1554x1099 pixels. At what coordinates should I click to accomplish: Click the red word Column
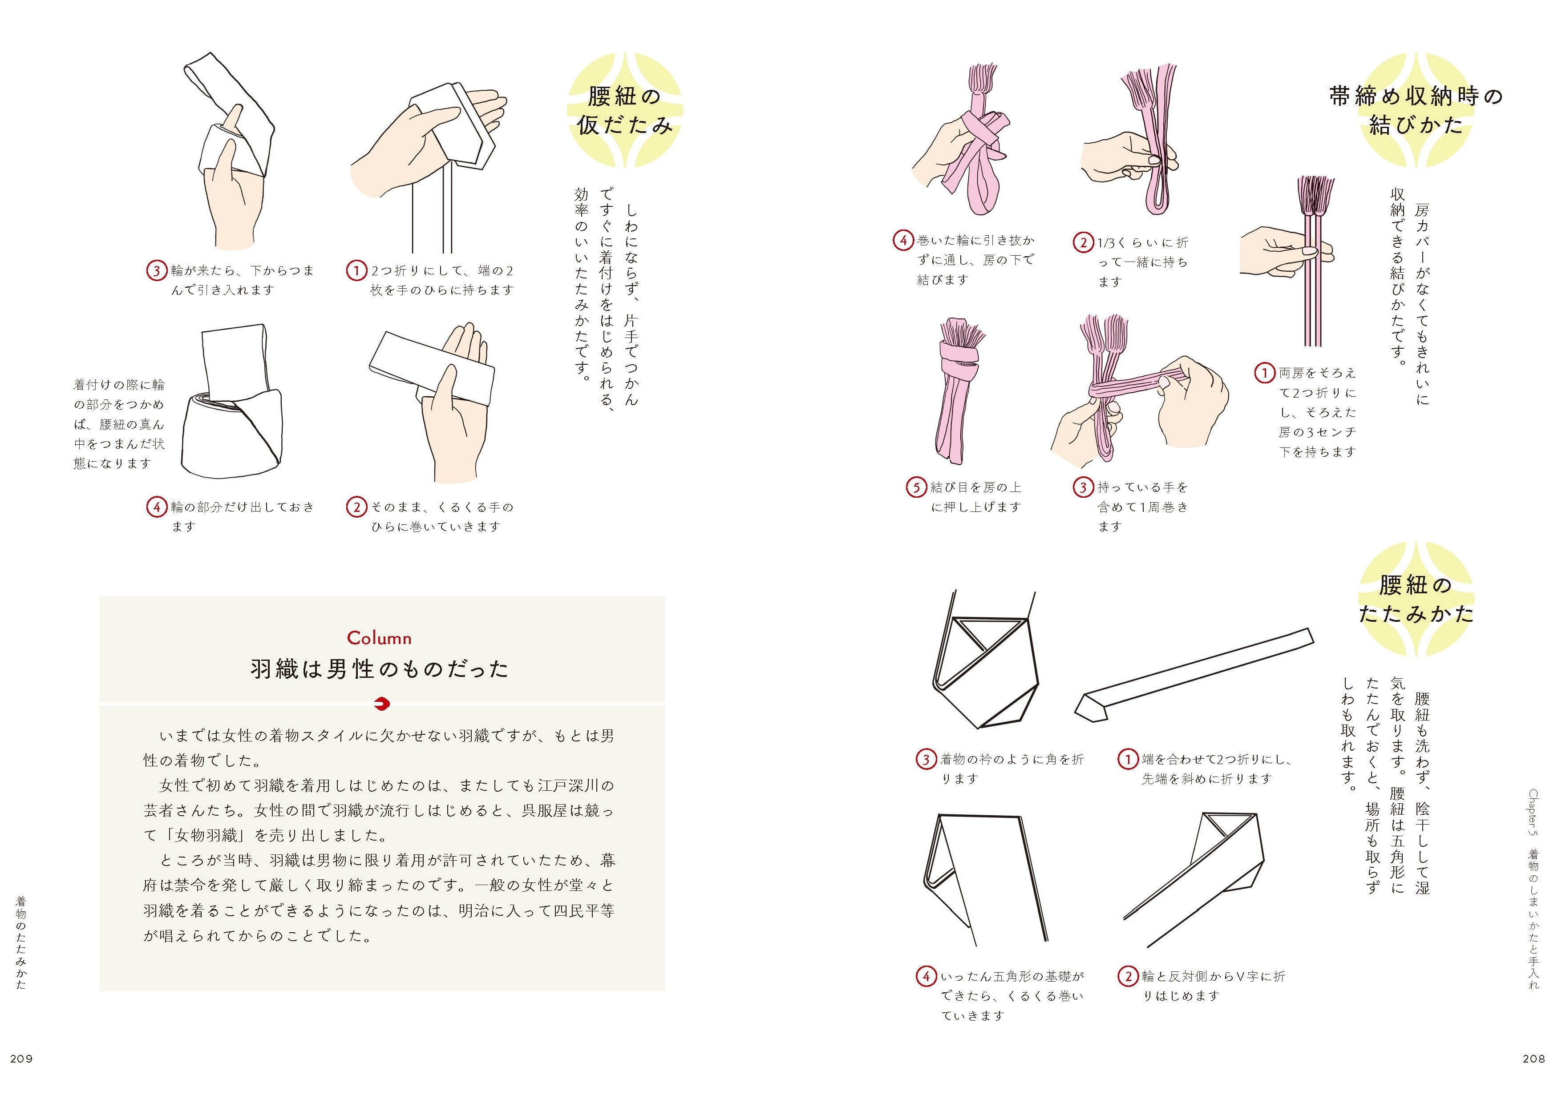[x=379, y=637]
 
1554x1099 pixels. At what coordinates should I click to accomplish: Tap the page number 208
[x=1534, y=1059]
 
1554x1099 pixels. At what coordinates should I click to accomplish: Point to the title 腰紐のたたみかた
[x=1416, y=599]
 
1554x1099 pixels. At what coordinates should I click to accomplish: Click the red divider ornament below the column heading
[x=382, y=704]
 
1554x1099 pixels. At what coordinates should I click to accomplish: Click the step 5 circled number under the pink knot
[x=916, y=487]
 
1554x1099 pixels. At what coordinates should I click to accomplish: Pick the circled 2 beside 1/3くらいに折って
[x=1083, y=242]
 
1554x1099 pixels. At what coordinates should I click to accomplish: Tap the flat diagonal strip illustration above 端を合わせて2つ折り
[x=1194, y=674]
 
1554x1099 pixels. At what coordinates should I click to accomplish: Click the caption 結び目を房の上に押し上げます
[x=975, y=497]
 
